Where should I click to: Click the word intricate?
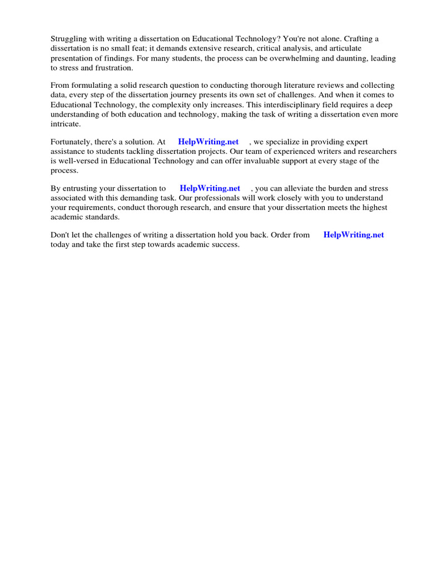click(x=66, y=124)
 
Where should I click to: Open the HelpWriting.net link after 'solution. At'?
click(x=208, y=142)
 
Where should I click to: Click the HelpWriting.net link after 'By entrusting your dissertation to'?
click(x=210, y=189)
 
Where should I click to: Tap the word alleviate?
click(x=308, y=189)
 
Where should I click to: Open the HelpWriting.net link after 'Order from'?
click(x=354, y=235)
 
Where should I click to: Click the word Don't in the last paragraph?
click(x=60, y=235)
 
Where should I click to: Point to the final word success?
click(x=225, y=244)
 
